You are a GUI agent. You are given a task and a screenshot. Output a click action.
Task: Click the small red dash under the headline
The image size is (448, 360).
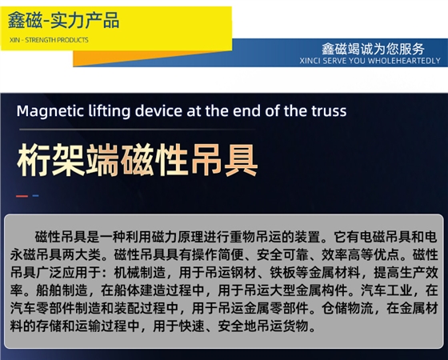(x=22, y=196)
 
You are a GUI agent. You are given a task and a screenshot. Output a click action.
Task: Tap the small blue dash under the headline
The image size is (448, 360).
(x=35, y=196)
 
